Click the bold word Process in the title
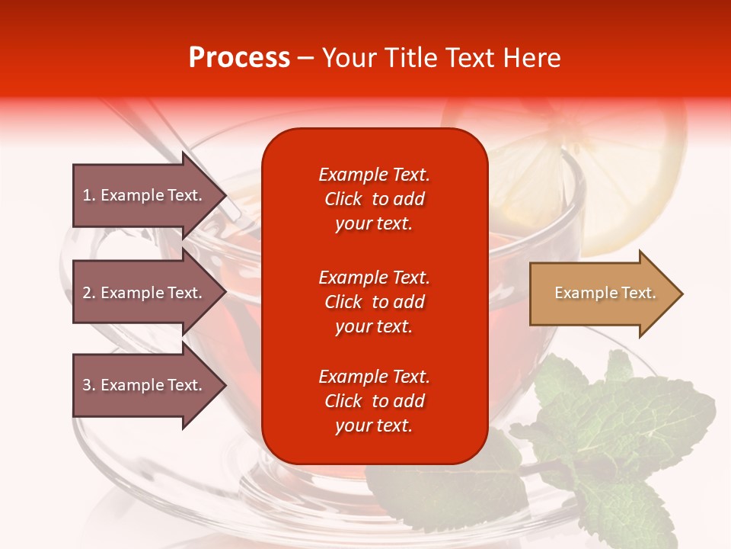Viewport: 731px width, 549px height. (239, 58)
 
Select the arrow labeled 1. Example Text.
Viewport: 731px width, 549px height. (145, 195)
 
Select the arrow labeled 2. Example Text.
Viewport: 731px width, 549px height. (145, 293)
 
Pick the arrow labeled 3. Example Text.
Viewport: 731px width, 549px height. (145, 385)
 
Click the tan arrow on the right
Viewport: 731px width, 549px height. (602, 294)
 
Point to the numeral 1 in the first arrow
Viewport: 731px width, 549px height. (87, 195)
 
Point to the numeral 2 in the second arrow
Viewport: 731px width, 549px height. (87, 293)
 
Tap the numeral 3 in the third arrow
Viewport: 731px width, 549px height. (87, 385)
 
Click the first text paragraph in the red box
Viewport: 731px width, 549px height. (374, 199)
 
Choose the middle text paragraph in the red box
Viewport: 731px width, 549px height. (374, 302)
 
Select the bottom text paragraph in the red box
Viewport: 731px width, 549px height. (374, 401)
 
